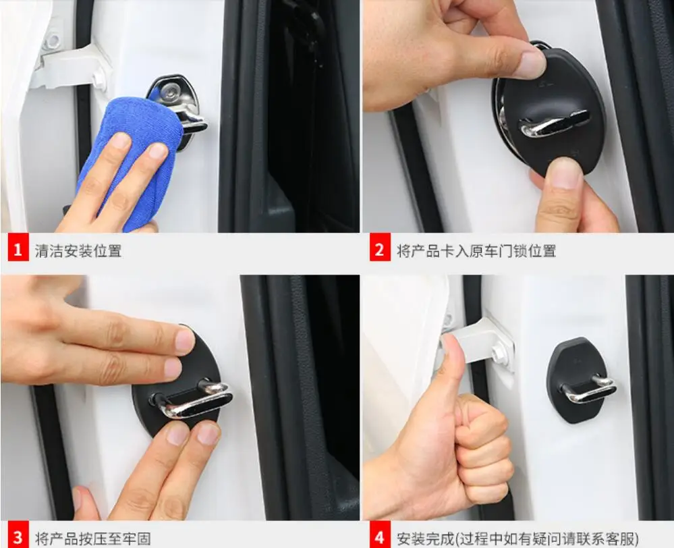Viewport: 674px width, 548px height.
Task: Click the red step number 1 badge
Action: [x=18, y=250]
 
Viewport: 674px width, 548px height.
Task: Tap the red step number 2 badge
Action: [x=379, y=250]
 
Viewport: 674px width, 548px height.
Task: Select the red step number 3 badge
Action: [x=18, y=538]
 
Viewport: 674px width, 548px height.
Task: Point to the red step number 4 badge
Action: [x=379, y=538]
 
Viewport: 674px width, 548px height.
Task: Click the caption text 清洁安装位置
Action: [x=78, y=251]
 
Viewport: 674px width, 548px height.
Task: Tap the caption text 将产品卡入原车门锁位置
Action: [x=476, y=251]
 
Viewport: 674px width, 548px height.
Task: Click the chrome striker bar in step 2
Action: [x=553, y=125]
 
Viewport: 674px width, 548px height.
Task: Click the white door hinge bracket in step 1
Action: [x=71, y=64]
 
